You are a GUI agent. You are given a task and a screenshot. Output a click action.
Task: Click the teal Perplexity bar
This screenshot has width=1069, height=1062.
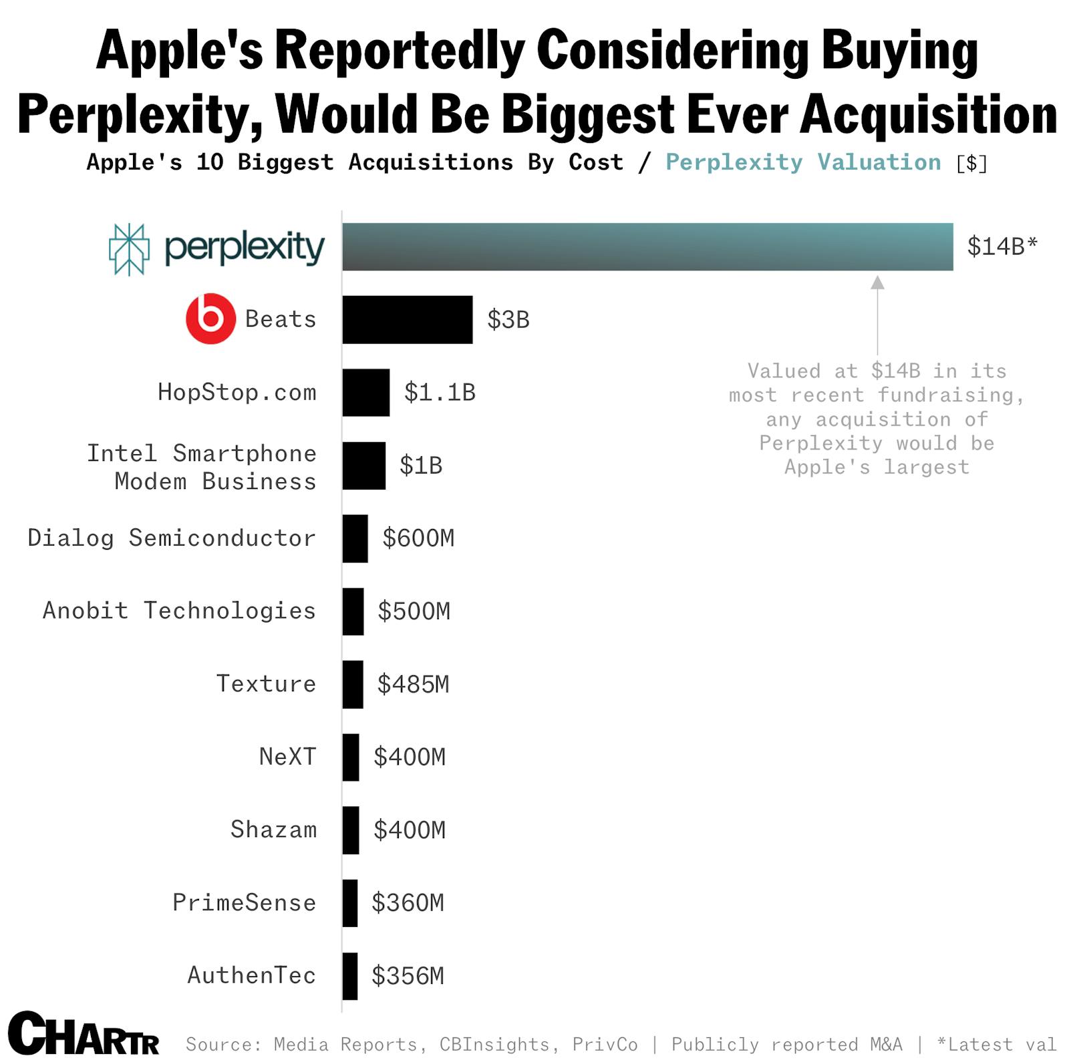(x=647, y=246)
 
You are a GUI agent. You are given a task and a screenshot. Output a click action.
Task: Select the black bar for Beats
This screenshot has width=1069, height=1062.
(x=407, y=319)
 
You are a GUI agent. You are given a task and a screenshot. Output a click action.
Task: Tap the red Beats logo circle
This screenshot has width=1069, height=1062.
(x=210, y=319)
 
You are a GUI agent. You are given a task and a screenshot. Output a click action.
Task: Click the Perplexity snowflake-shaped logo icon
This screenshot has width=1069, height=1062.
(x=129, y=249)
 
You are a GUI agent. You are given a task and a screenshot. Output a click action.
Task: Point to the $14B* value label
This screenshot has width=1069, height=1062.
(x=1002, y=246)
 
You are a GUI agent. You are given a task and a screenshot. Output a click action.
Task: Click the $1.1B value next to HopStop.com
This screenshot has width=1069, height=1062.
(x=439, y=392)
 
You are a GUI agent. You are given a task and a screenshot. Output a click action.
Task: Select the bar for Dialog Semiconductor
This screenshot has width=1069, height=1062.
(x=355, y=538)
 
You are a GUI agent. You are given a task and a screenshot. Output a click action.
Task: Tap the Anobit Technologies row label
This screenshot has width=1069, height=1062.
(x=178, y=610)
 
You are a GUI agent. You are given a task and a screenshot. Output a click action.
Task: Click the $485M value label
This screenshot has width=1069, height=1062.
(x=413, y=684)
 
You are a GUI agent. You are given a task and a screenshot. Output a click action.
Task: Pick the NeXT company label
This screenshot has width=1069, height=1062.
(x=287, y=757)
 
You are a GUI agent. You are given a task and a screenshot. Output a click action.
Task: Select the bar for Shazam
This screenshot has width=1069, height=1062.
(x=350, y=830)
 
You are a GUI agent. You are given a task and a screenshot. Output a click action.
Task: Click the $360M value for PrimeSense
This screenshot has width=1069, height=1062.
(x=408, y=903)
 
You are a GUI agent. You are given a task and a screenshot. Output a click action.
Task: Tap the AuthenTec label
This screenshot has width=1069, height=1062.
(x=251, y=975)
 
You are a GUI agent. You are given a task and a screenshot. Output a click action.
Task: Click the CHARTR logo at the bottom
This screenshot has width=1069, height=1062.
(x=84, y=1033)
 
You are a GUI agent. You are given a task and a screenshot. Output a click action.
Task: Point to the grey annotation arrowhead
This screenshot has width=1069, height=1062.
(x=877, y=283)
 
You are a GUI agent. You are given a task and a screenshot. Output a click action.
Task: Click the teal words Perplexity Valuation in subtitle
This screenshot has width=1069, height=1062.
(x=802, y=162)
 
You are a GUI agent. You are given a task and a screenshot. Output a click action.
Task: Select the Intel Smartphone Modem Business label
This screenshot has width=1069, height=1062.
(x=201, y=467)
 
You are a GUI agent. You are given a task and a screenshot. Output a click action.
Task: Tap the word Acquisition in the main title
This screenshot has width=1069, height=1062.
(x=928, y=114)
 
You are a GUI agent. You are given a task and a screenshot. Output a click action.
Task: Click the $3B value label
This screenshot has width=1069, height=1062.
(x=508, y=319)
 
